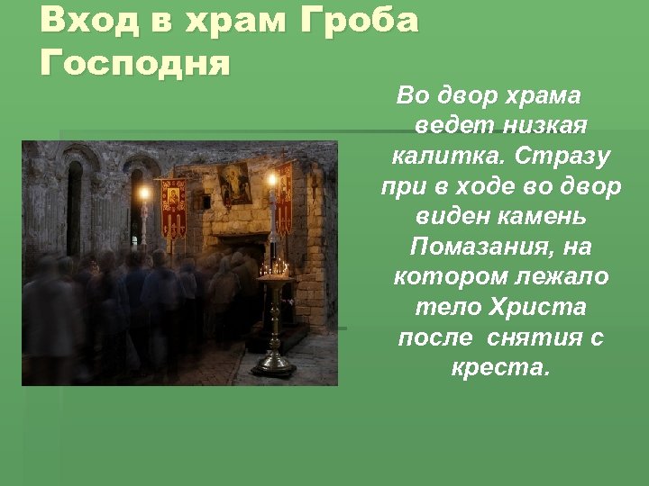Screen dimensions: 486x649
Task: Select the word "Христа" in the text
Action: coord(537,307)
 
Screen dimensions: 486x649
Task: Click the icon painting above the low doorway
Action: coord(235,184)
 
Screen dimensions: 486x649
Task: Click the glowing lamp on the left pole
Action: coord(142,193)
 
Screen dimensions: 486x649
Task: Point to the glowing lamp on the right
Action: coord(270,180)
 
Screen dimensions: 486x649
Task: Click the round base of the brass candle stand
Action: coord(274,366)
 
